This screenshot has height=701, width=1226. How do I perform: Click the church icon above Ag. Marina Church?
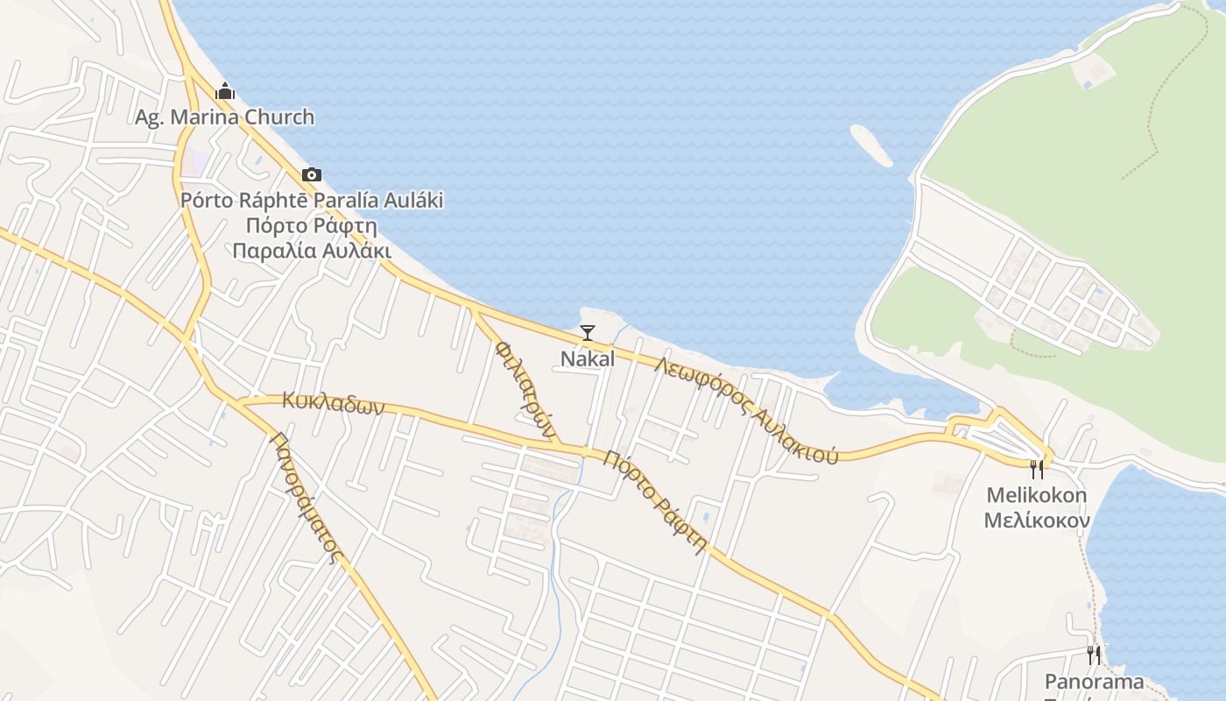[x=225, y=91]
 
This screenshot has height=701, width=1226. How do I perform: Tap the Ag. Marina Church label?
[x=224, y=117]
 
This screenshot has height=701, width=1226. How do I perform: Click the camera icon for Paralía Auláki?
[x=311, y=175]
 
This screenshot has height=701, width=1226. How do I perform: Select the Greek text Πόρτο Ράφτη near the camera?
[x=311, y=225]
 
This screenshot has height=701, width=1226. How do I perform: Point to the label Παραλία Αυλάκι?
[x=311, y=251]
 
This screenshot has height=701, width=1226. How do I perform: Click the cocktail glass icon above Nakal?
[x=588, y=333]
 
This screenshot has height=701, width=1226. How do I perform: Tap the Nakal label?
[x=588, y=358]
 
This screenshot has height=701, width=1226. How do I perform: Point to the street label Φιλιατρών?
[x=525, y=389]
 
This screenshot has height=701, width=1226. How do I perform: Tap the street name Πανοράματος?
[x=305, y=497]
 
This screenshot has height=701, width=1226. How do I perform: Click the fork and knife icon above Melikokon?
[x=1037, y=471]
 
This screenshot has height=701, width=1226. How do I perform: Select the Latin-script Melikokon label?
[x=1037, y=495]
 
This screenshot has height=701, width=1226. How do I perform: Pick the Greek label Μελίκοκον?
[x=1037, y=520]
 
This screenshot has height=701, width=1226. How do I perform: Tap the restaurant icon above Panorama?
[x=1094, y=655]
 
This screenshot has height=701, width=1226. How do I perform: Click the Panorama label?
[x=1094, y=681]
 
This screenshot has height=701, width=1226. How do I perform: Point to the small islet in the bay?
[x=871, y=145]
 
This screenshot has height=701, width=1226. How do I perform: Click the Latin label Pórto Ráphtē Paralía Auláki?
[x=311, y=200]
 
